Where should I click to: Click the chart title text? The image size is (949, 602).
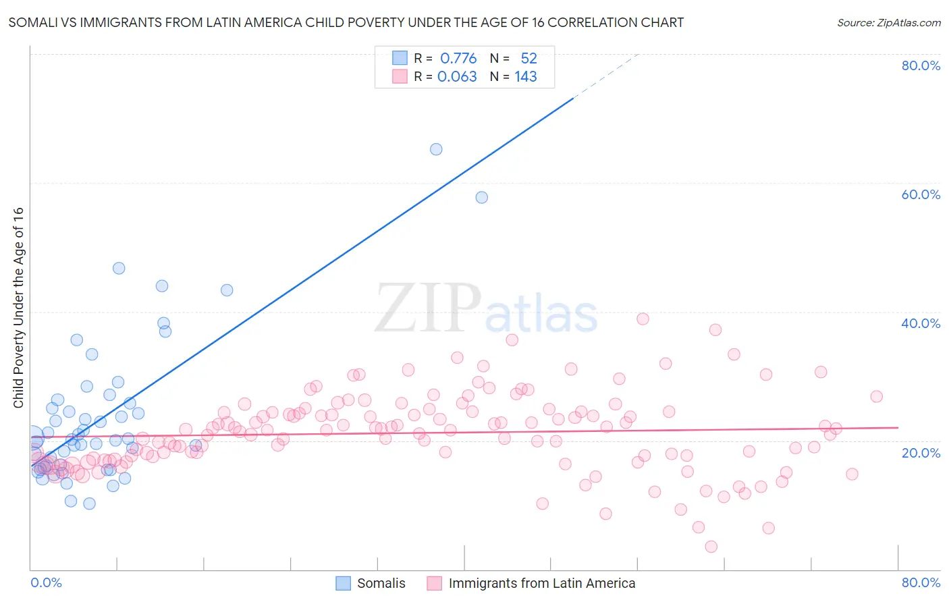[x=346, y=23]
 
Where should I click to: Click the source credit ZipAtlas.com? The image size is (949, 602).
[x=888, y=23]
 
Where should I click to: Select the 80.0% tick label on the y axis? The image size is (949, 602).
[x=921, y=65]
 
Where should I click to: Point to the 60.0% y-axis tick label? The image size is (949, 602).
[x=921, y=194]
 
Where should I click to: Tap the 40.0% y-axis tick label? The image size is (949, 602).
[x=921, y=323]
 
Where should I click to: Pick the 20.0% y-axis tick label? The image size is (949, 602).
[x=921, y=453]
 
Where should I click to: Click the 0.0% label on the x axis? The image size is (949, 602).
[x=46, y=582]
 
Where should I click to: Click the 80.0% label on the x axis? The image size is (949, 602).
[x=921, y=582]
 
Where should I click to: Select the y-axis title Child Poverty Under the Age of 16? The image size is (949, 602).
[x=18, y=307]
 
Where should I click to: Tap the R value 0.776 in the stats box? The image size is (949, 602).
[x=458, y=59]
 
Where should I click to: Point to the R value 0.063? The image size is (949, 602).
[x=457, y=77]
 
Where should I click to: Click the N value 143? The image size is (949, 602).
[x=526, y=77]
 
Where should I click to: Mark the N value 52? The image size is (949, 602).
[x=528, y=59]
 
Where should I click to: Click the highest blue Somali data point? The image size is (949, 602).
[x=436, y=149]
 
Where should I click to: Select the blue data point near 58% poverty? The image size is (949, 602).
[x=481, y=197]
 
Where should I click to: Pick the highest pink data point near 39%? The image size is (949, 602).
[x=643, y=319]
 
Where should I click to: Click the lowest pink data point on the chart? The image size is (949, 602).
[x=711, y=547]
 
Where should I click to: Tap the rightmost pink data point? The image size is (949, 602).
[x=876, y=396]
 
